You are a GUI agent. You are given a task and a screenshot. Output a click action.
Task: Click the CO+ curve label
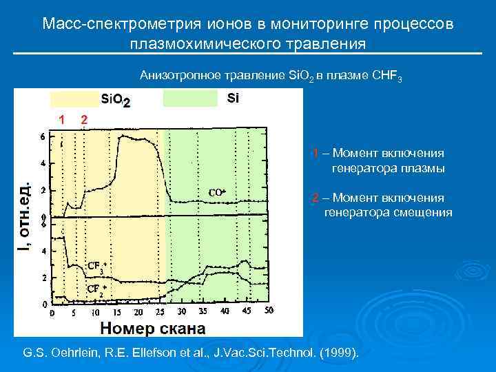(x=217, y=193)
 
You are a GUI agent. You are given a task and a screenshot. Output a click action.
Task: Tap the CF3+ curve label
(x=96, y=267)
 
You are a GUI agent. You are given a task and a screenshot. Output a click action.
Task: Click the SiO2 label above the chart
(x=116, y=101)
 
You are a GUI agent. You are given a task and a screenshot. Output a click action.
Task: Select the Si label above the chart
(x=233, y=99)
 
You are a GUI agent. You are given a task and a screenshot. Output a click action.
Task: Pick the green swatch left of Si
(x=189, y=99)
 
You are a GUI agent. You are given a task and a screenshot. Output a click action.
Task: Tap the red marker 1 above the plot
(x=62, y=119)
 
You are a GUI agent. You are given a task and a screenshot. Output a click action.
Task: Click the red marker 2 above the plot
(x=83, y=119)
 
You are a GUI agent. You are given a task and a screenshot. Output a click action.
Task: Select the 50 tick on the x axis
(x=268, y=311)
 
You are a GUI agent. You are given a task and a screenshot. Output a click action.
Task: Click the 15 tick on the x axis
(x=117, y=311)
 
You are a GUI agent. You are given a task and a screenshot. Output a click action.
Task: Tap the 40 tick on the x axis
(x=225, y=311)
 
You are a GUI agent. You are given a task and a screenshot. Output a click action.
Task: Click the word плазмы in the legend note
(x=422, y=167)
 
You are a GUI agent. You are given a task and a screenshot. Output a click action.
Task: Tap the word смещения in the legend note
(x=423, y=212)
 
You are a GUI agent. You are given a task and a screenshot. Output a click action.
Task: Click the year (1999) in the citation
(x=337, y=353)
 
